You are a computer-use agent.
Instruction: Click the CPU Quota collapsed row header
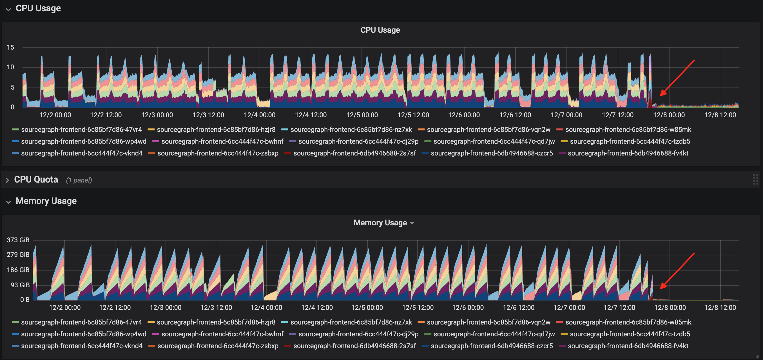pyautogui.click(x=36, y=179)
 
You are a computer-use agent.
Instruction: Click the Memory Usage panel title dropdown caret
pyautogui.click(x=412, y=223)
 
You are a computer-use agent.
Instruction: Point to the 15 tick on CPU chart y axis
pyautogui.click(x=10, y=47)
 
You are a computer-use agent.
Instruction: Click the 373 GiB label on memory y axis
pyautogui.click(x=18, y=240)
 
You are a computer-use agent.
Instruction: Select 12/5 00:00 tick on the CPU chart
pyautogui.click(x=362, y=115)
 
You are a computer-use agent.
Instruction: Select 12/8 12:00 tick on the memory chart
pyautogui.click(x=720, y=308)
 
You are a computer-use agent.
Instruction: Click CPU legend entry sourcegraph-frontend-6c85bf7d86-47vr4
pyautogui.click(x=81, y=130)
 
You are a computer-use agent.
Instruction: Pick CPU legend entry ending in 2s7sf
pyautogui.click(x=354, y=153)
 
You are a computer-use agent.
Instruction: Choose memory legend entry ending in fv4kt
pyautogui.click(x=628, y=346)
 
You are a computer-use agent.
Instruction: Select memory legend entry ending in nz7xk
pyautogui.click(x=351, y=322)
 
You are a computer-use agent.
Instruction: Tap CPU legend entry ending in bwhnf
pyautogui.click(x=222, y=141)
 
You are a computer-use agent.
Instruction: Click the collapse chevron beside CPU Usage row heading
pyautogui.click(x=8, y=9)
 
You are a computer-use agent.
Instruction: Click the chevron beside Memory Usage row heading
pyautogui.click(x=8, y=202)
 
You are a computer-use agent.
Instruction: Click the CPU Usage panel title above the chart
pyautogui.click(x=380, y=30)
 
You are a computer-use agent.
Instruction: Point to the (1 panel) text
pyautogui.click(x=79, y=180)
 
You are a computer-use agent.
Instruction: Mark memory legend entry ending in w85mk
pyautogui.click(x=628, y=322)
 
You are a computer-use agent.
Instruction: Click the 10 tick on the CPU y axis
pyautogui.click(x=10, y=67)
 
